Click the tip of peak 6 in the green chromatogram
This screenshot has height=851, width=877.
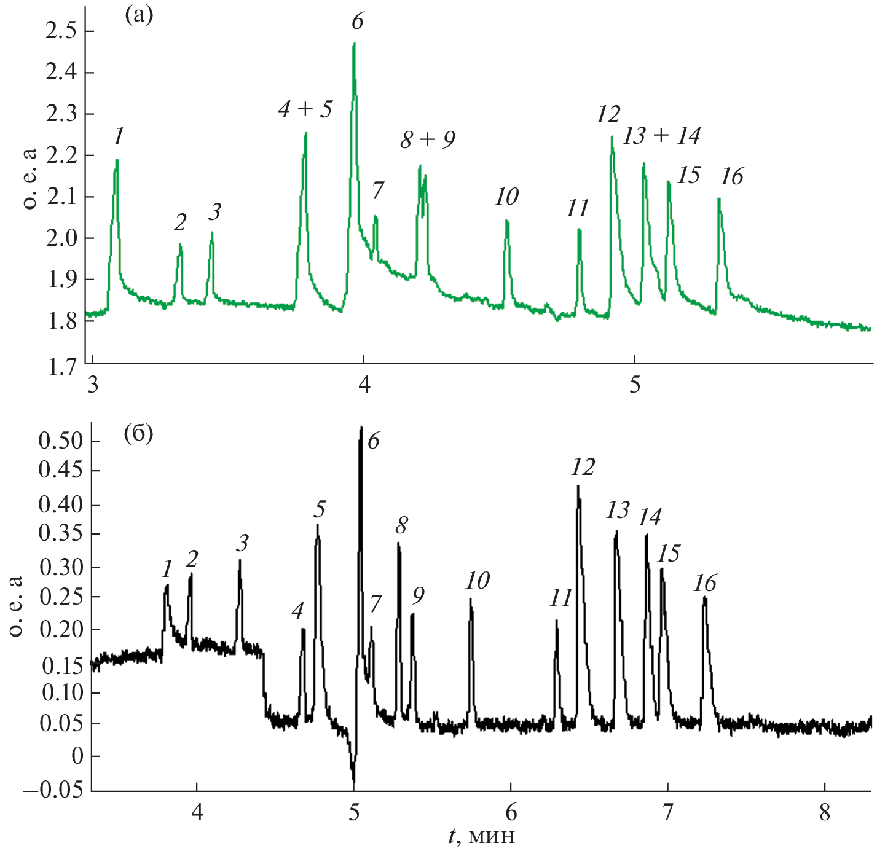[x=355, y=43]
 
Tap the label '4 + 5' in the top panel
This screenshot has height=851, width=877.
[x=305, y=109]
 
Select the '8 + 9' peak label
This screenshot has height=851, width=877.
[x=428, y=140]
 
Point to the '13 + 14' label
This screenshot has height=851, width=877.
[x=661, y=136]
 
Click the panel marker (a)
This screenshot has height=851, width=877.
[x=138, y=15]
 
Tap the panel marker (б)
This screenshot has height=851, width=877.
[x=138, y=435]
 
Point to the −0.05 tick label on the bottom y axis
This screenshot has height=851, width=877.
[x=53, y=790]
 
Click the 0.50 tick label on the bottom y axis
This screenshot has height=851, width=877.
[x=60, y=441]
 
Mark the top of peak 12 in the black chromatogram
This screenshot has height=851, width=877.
[x=578, y=486]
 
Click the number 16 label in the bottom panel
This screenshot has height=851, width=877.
[x=705, y=583]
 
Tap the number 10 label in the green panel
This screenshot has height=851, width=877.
[x=506, y=197]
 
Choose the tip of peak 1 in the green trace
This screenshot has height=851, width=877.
[x=116, y=160]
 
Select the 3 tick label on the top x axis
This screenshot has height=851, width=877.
[x=93, y=385]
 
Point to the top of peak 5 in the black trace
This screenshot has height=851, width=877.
[x=318, y=524]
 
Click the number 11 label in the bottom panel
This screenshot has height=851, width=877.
[x=560, y=598]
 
